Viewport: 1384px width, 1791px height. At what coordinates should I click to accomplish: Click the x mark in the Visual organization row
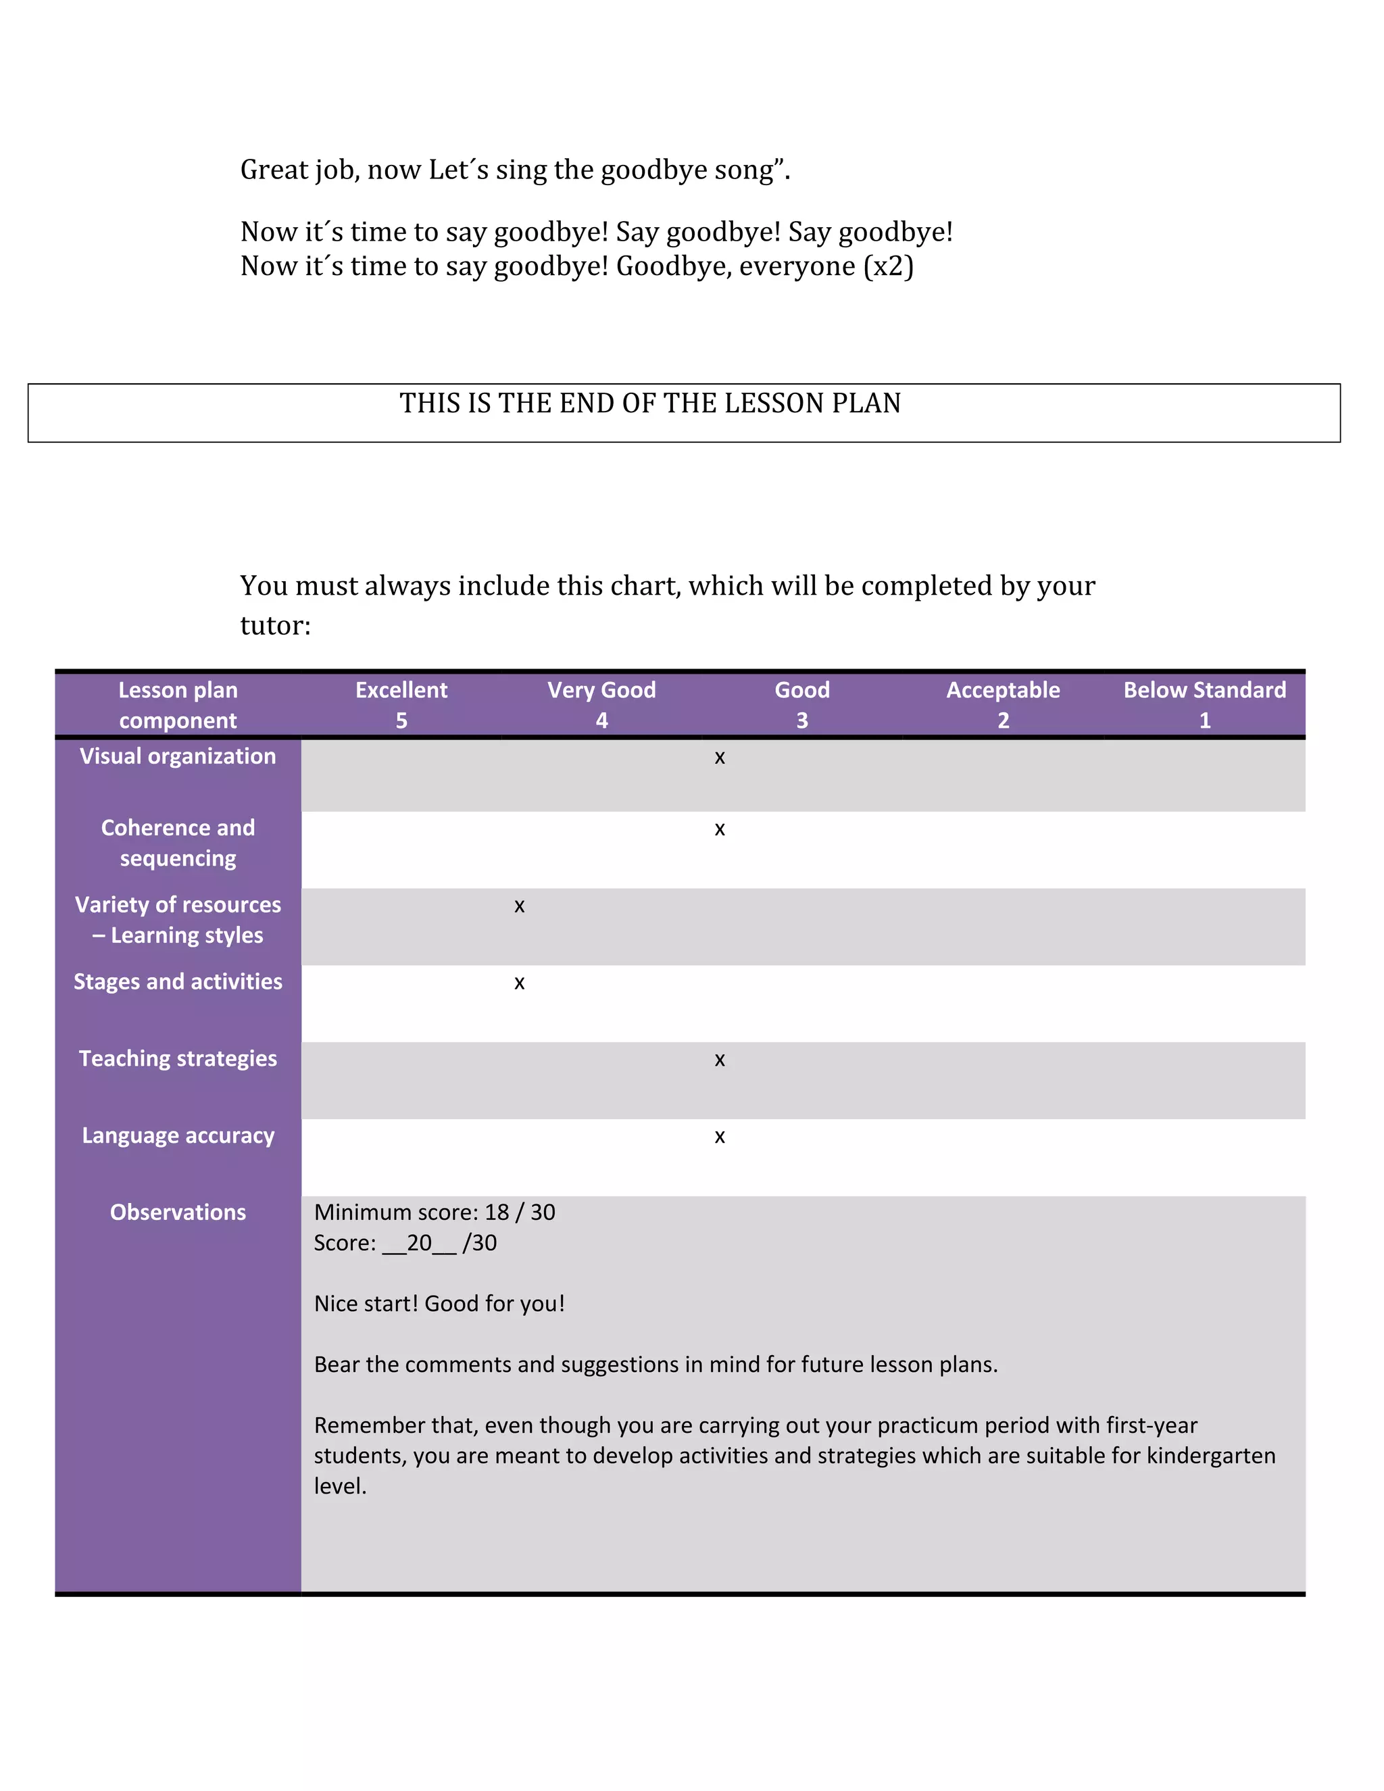pyautogui.click(x=719, y=758)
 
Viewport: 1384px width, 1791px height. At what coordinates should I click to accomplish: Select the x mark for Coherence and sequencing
pyautogui.click(x=719, y=830)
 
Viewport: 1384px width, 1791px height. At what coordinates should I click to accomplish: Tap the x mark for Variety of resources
pyautogui.click(x=519, y=907)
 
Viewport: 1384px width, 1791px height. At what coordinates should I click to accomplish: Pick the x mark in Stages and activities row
pyautogui.click(x=519, y=984)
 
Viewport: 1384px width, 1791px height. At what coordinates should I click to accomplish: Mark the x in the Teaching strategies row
pyautogui.click(x=719, y=1061)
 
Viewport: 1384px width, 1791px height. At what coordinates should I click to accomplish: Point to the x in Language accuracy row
pyautogui.click(x=719, y=1137)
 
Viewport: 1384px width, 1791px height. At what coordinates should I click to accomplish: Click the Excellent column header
pyautogui.click(x=401, y=704)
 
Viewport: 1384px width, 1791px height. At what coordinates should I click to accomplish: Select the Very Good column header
pyautogui.click(x=602, y=704)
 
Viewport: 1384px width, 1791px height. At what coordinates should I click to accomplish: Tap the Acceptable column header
pyautogui.click(x=1003, y=704)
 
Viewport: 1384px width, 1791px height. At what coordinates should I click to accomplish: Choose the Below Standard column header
pyautogui.click(x=1204, y=704)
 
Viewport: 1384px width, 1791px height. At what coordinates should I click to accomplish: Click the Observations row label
pyautogui.click(x=178, y=1212)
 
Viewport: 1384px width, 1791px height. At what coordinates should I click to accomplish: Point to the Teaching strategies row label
pyautogui.click(x=178, y=1058)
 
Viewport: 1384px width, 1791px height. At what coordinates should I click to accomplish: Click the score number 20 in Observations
pyautogui.click(x=419, y=1243)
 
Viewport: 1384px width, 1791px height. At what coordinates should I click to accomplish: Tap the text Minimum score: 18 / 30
pyautogui.click(x=435, y=1212)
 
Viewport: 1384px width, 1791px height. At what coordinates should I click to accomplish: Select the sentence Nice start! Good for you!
pyautogui.click(x=439, y=1304)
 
